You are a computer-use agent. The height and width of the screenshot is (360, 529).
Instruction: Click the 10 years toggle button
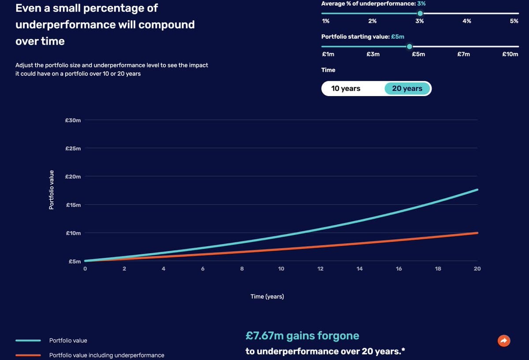tap(346, 89)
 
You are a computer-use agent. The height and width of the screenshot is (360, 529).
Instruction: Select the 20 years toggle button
tap(407, 89)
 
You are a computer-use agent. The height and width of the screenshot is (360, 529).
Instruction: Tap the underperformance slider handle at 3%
tap(420, 13)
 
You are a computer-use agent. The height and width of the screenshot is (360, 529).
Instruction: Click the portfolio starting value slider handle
tap(410, 46)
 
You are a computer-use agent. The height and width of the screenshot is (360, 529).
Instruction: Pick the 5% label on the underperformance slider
tap(514, 21)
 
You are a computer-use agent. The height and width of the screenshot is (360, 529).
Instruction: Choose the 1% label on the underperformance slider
tap(326, 21)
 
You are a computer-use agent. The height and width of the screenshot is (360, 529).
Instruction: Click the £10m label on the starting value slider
tap(510, 54)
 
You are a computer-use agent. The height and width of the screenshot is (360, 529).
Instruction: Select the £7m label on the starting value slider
tap(463, 54)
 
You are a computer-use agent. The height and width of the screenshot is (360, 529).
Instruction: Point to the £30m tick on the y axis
tap(73, 120)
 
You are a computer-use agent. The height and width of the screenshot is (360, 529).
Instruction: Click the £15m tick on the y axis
tap(73, 205)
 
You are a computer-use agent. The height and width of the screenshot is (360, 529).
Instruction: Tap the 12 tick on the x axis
tap(320, 269)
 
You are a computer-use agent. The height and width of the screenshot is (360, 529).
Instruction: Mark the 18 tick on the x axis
tap(438, 269)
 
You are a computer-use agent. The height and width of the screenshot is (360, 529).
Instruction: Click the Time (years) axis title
tap(267, 297)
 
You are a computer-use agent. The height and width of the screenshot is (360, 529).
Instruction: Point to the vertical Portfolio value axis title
tap(51, 189)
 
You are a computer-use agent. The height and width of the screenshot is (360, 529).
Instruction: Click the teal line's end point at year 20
tap(477, 190)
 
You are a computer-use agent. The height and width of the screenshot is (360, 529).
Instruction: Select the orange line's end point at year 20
tap(477, 233)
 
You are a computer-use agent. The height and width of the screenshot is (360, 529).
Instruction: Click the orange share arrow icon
tap(503, 340)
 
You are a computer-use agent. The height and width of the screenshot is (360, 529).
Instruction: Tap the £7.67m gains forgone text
tap(302, 336)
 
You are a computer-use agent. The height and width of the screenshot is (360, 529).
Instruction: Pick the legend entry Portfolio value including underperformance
tap(107, 355)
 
